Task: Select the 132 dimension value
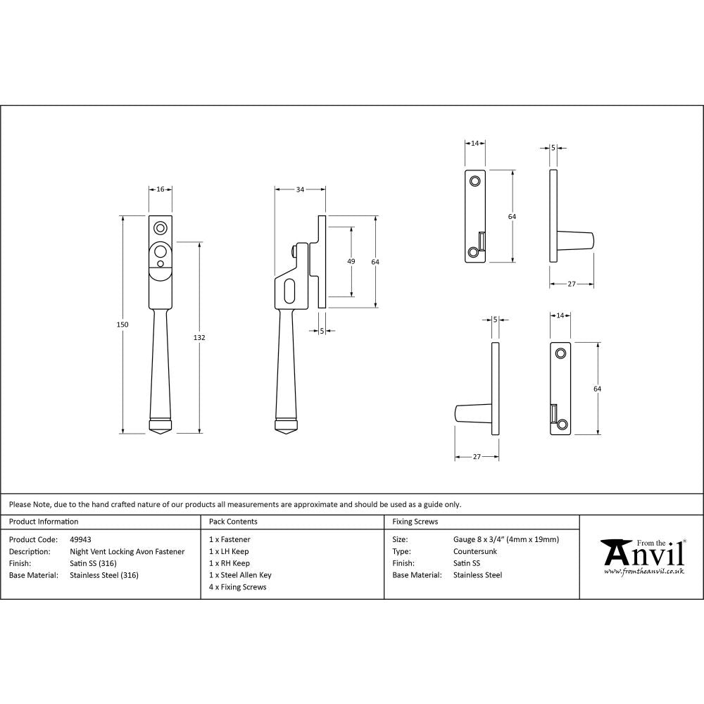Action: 199,338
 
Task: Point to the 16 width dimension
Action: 160,189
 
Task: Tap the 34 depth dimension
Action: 301,189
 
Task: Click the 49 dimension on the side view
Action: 351,261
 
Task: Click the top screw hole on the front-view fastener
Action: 161,227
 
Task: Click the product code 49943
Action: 81,540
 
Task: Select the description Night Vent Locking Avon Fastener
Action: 127,552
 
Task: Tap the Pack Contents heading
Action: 233,522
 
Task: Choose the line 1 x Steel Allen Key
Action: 240,575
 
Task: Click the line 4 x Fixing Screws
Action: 238,587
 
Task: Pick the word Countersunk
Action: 475,552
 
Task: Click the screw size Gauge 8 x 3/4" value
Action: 506,540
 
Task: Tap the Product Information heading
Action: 44,522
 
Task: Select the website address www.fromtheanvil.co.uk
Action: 643,572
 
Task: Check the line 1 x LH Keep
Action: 229,552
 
